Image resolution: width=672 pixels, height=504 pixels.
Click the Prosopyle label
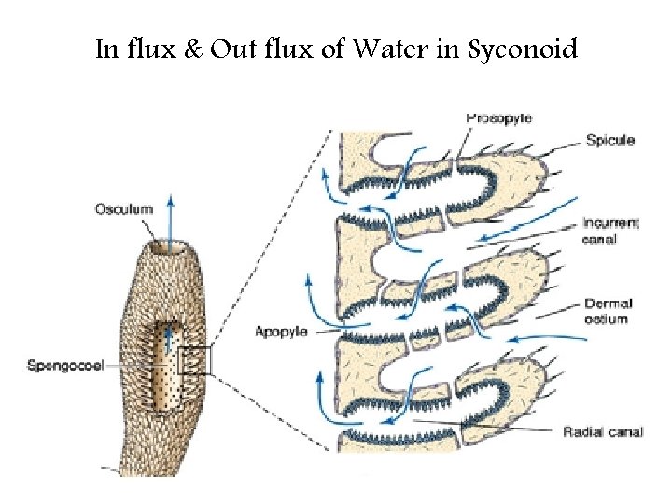[498, 119]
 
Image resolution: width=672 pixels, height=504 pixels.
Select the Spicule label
[610, 141]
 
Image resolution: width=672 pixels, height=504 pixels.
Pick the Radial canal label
[599, 431]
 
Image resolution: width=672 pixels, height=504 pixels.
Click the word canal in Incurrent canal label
[600, 239]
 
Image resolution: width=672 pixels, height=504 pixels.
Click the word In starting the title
[108, 49]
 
